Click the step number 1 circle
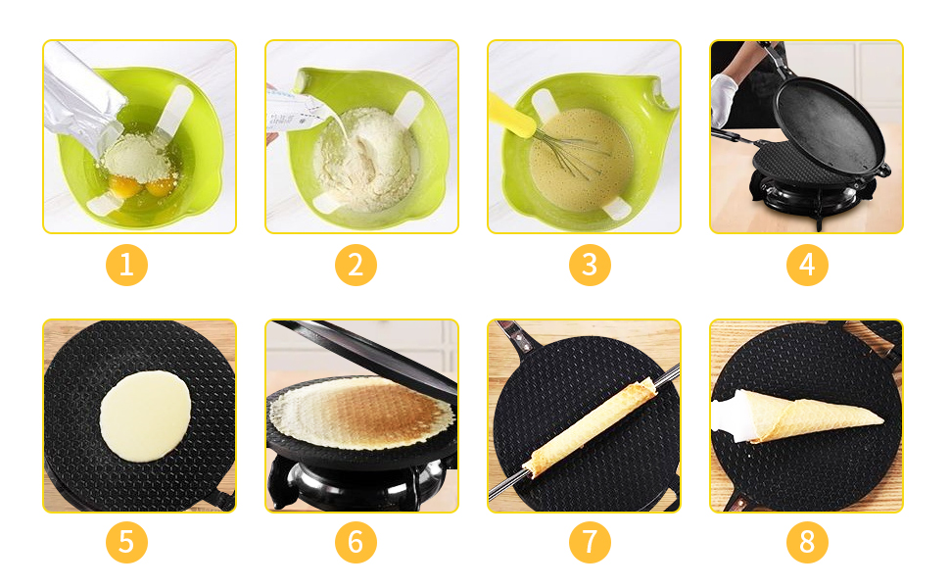[x=126, y=265]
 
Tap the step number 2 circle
[x=356, y=265]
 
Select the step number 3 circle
[x=590, y=265]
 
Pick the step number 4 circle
[x=807, y=265]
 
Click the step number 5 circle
[x=126, y=541]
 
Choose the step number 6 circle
[x=356, y=541]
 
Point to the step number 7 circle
[x=590, y=541]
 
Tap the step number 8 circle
[x=807, y=541]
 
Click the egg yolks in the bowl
[x=143, y=185]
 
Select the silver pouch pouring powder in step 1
[x=82, y=98]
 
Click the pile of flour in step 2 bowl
[x=362, y=157]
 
